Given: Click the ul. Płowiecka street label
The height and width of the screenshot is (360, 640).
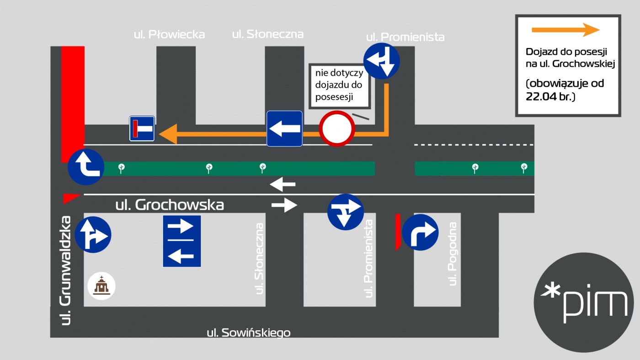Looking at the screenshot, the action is [x=170, y=35].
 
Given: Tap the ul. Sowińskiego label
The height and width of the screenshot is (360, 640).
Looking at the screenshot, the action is [x=249, y=333].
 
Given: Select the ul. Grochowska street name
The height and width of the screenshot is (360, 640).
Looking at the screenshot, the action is [x=170, y=205].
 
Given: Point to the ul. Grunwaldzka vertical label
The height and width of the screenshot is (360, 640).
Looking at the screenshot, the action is [x=66, y=270].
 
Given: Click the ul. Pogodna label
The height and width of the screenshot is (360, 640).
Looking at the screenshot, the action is [x=452, y=254].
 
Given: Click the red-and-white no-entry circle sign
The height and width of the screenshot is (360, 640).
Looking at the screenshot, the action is [x=337, y=129].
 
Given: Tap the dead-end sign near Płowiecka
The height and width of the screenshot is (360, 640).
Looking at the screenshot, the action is [x=142, y=128].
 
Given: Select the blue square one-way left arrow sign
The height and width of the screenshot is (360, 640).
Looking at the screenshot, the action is [x=284, y=128].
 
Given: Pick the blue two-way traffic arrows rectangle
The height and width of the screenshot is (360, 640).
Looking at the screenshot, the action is [x=182, y=241].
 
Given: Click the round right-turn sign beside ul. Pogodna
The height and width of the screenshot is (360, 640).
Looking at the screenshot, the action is [x=420, y=233].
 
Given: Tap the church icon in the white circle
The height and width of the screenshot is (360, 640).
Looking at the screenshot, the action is [x=101, y=286].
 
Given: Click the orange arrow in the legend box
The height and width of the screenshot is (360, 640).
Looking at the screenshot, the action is [x=565, y=30].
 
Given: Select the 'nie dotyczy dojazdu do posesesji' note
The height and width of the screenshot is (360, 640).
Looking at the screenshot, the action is [x=339, y=85].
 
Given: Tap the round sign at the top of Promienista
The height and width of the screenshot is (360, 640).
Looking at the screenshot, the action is [x=381, y=61].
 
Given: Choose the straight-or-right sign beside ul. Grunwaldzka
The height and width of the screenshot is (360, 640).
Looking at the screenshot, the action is [x=93, y=235].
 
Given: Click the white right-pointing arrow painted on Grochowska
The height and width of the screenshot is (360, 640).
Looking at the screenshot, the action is [x=284, y=205].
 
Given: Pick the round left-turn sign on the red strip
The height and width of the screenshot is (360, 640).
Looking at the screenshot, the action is [x=86, y=167].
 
